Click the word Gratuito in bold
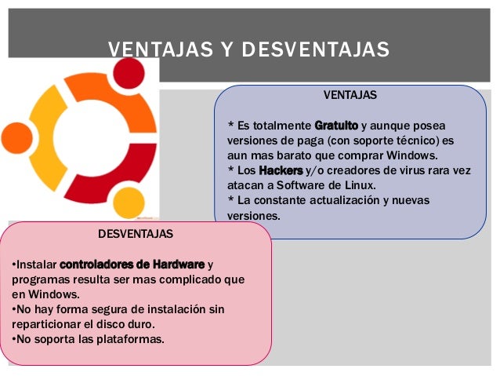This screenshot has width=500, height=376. pyautogui.click(x=336, y=126)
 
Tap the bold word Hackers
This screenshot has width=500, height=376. pyautogui.click(x=281, y=170)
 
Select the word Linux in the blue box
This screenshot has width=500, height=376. pyautogui.click(x=358, y=185)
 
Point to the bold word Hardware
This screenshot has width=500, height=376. pyautogui.click(x=179, y=264)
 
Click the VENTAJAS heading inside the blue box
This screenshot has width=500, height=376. pyautogui.click(x=350, y=95)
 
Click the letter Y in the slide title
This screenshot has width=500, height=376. pyautogui.click(x=226, y=50)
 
